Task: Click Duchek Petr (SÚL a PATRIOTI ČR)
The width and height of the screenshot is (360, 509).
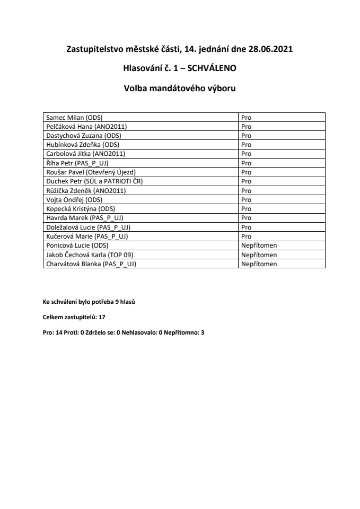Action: click(95, 181)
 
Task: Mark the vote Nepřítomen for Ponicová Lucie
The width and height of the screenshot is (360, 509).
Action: click(259, 245)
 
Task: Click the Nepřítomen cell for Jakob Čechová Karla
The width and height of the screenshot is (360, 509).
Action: click(259, 254)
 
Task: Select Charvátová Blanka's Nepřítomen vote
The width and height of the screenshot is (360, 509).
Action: click(259, 264)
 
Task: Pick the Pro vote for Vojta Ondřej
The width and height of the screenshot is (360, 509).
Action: click(246, 199)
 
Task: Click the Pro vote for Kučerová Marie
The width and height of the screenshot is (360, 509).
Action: click(246, 236)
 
